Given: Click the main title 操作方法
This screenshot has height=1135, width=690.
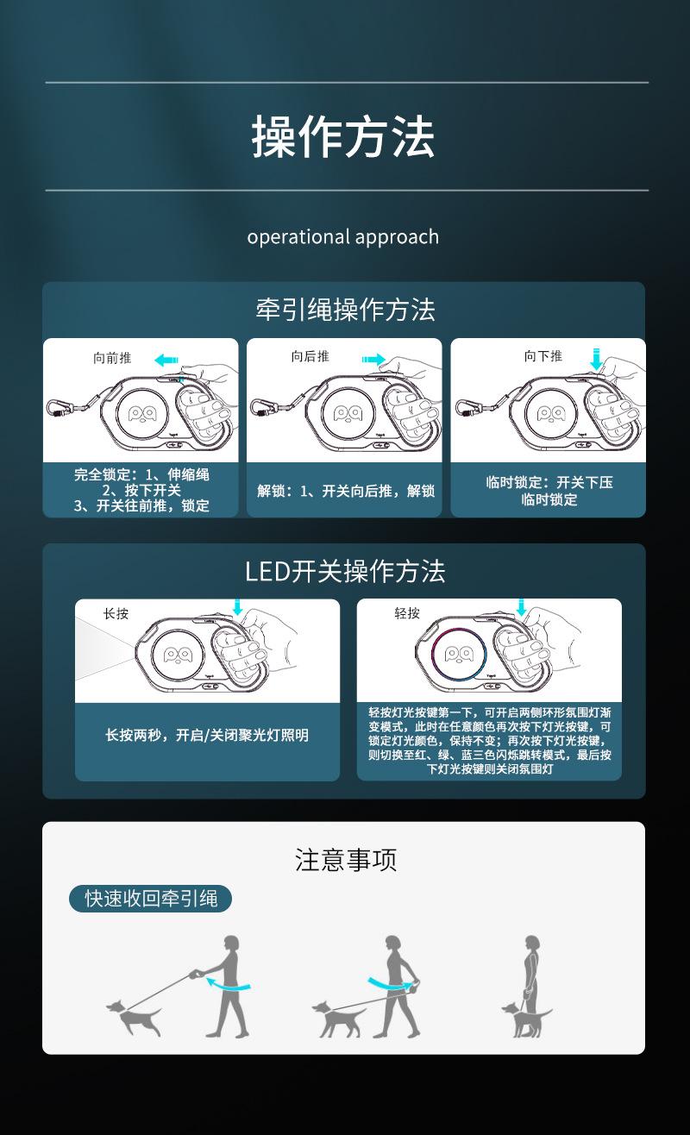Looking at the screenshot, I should point(343,137).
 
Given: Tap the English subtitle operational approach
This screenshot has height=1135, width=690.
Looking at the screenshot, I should point(343,236).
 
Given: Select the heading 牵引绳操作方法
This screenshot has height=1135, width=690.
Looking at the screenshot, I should point(345,310).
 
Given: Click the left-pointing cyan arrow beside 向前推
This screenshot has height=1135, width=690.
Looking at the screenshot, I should point(167,359).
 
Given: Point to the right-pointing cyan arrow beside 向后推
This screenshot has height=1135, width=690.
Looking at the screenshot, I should point(374,358).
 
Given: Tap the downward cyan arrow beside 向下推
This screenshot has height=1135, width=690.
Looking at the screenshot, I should point(596,359).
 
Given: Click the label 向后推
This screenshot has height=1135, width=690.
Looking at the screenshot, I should point(310,356).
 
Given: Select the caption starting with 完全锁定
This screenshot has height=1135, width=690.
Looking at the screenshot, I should point(141,490).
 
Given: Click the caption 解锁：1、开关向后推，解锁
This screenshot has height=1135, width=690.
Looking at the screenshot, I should point(345,491).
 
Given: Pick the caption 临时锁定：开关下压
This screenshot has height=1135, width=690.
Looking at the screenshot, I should point(549,490).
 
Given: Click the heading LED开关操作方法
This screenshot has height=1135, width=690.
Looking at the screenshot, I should point(345,571).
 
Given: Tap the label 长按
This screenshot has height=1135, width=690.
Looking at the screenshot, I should point(116,613).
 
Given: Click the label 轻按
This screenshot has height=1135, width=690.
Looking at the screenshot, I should point(407,613).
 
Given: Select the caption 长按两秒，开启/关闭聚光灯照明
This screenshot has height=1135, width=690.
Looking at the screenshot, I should point(207,736).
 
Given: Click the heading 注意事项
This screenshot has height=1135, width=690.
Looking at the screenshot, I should point(345,860).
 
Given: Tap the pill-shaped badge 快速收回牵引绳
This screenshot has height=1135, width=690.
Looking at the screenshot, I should point(150,898).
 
